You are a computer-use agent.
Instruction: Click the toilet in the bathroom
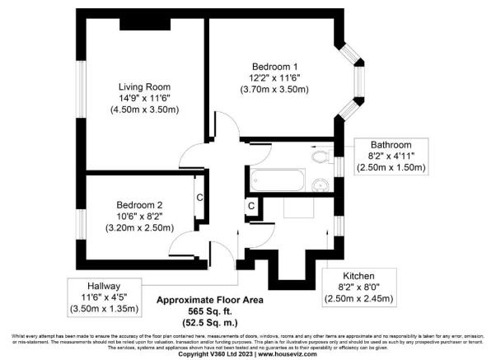321,154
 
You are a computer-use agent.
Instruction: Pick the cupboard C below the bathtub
250,205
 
